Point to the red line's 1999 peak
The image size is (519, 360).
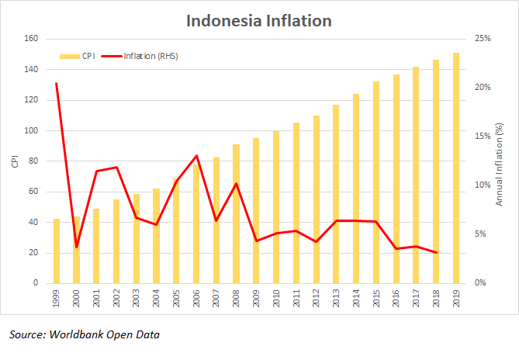click(57, 83)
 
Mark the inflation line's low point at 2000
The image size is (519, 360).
click(76, 247)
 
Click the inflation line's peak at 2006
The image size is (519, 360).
click(196, 156)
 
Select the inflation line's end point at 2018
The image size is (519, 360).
click(436, 253)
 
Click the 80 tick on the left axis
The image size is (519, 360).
click(33, 161)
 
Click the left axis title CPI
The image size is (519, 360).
click(13, 161)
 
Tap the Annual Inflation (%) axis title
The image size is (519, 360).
click(500, 161)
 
